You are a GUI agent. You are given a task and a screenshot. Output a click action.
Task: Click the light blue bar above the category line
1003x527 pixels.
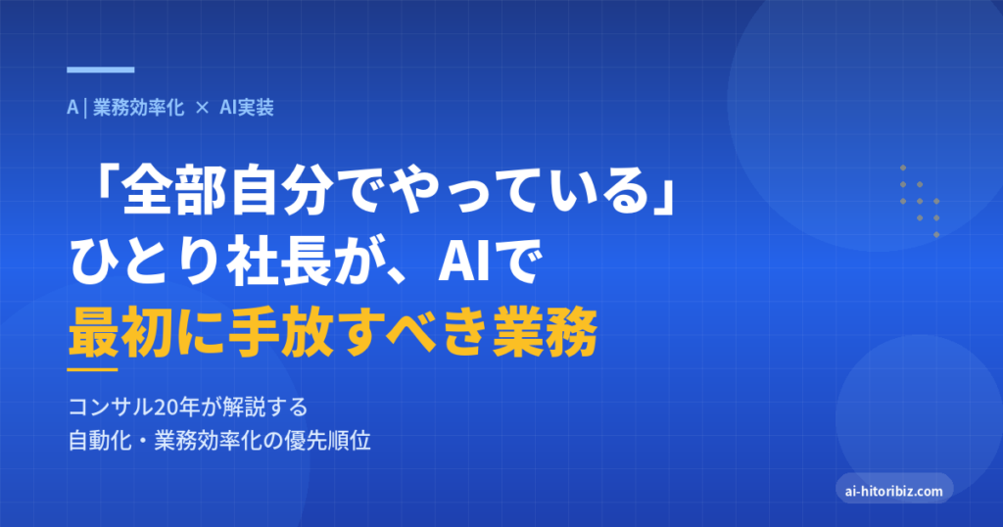[x=101, y=70]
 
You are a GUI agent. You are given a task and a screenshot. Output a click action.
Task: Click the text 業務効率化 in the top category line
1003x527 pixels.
[x=139, y=108]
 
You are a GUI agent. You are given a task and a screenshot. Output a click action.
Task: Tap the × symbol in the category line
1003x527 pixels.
[x=202, y=108]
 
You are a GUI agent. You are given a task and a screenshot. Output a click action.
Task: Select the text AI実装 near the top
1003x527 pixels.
[x=247, y=108]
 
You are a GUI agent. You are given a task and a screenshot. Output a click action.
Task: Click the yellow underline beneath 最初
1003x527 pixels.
[x=92, y=369]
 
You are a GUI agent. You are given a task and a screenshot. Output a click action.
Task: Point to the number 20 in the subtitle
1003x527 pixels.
[x=165, y=407]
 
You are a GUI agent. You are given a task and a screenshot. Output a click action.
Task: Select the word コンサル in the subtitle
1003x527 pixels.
[x=111, y=407]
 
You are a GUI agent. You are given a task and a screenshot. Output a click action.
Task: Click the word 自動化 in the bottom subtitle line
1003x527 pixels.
[x=100, y=441]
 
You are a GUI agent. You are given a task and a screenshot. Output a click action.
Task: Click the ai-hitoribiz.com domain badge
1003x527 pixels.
[x=894, y=491]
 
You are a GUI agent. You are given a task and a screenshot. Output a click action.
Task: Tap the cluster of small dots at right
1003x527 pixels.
[x=920, y=201]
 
